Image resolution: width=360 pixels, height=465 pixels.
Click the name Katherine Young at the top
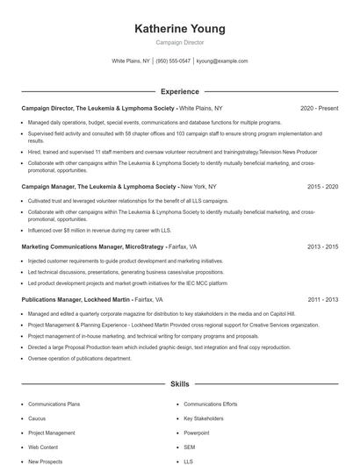(x=179, y=29)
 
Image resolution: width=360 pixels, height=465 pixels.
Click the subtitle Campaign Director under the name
(x=179, y=42)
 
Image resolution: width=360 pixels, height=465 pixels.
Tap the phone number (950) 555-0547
(x=174, y=61)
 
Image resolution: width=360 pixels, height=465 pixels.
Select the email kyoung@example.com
(x=222, y=61)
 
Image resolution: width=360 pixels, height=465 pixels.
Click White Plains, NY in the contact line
(x=131, y=61)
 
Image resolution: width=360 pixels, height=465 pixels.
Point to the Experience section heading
(x=179, y=91)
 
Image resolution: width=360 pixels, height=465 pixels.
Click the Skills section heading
(x=179, y=384)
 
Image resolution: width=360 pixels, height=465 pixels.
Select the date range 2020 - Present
(x=319, y=108)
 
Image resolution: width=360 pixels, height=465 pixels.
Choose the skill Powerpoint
(x=197, y=433)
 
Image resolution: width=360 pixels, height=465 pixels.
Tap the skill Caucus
(x=38, y=418)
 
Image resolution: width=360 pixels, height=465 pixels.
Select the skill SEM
(x=189, y=447)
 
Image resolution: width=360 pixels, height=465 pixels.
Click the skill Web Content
(x=45, y=447)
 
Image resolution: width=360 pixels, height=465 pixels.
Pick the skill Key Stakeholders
(x=204, y=418)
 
